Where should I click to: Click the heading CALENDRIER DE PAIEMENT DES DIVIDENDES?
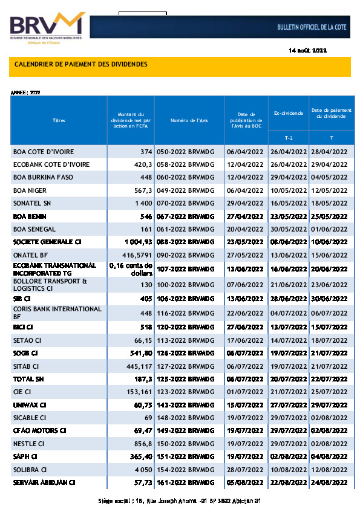80,64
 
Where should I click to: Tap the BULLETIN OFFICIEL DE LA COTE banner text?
310,28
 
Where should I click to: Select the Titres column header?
59,120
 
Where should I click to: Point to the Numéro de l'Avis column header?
189,120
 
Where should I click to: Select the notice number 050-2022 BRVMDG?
189,151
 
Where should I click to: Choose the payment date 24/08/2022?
329,482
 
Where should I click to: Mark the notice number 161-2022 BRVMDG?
189,482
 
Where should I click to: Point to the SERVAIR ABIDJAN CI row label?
44,482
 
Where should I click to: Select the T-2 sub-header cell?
288,138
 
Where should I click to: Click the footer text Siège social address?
180,501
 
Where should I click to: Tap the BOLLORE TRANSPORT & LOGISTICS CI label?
51,284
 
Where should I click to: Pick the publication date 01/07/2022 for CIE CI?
246,391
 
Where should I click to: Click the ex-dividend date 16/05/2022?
288,203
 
